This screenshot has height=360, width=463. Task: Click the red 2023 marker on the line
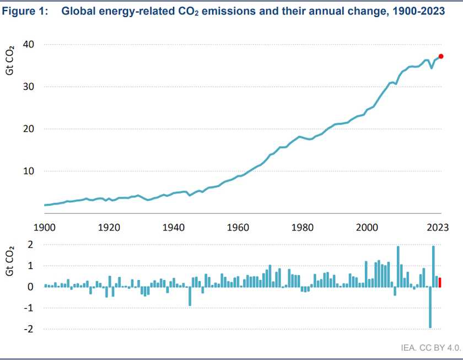point(441,56)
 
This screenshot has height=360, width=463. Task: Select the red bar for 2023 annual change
point(440,282)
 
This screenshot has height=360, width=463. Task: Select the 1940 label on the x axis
point(174,227)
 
